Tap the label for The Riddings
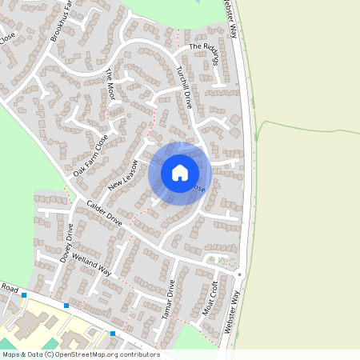pyautogui.click(x=203, y=47)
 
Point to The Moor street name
pyautogui.click(x=111, y=85)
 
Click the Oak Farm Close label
pyautogui.click(x=90, y=156)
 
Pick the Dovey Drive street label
pyautogui.click(x=69, y=238)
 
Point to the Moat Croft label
pyautogui.click(x=211, y=298)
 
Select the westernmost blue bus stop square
pyautogui.click(x=25, y=295)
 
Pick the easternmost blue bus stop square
pyautogui.click(x=113, y=333)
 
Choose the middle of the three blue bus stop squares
pyautogui.click(x=66, y=305)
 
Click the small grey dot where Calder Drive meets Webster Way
pyautogui.click(x=239, y=274)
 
